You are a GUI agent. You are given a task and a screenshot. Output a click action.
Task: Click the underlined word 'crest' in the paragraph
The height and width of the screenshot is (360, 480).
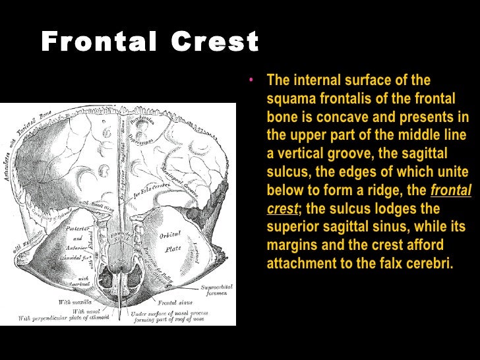280,209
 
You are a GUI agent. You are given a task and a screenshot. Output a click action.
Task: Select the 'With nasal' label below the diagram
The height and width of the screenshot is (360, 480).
85,311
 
